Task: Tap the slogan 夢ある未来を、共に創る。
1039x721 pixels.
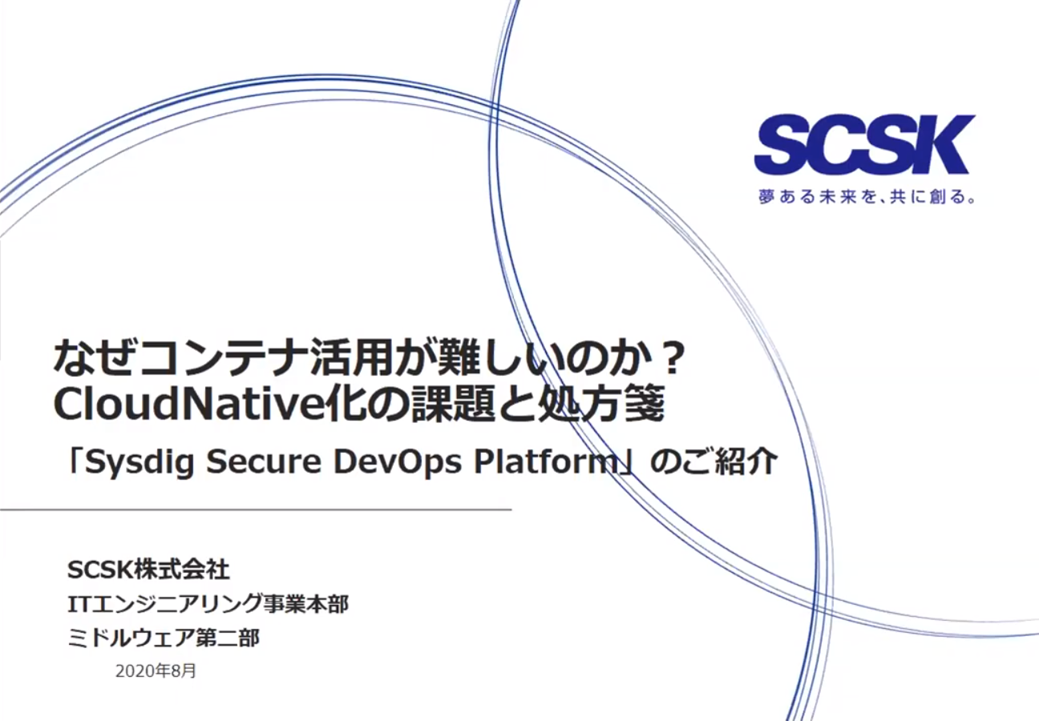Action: coord(867,196)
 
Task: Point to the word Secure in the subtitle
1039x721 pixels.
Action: coord(257,463)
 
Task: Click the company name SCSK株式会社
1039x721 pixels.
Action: coord(149,570)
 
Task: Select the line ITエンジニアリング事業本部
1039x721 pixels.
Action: coord(208,604)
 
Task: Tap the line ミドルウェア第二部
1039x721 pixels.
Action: coord(164,638)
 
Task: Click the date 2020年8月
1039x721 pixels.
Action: coord(156,671)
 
